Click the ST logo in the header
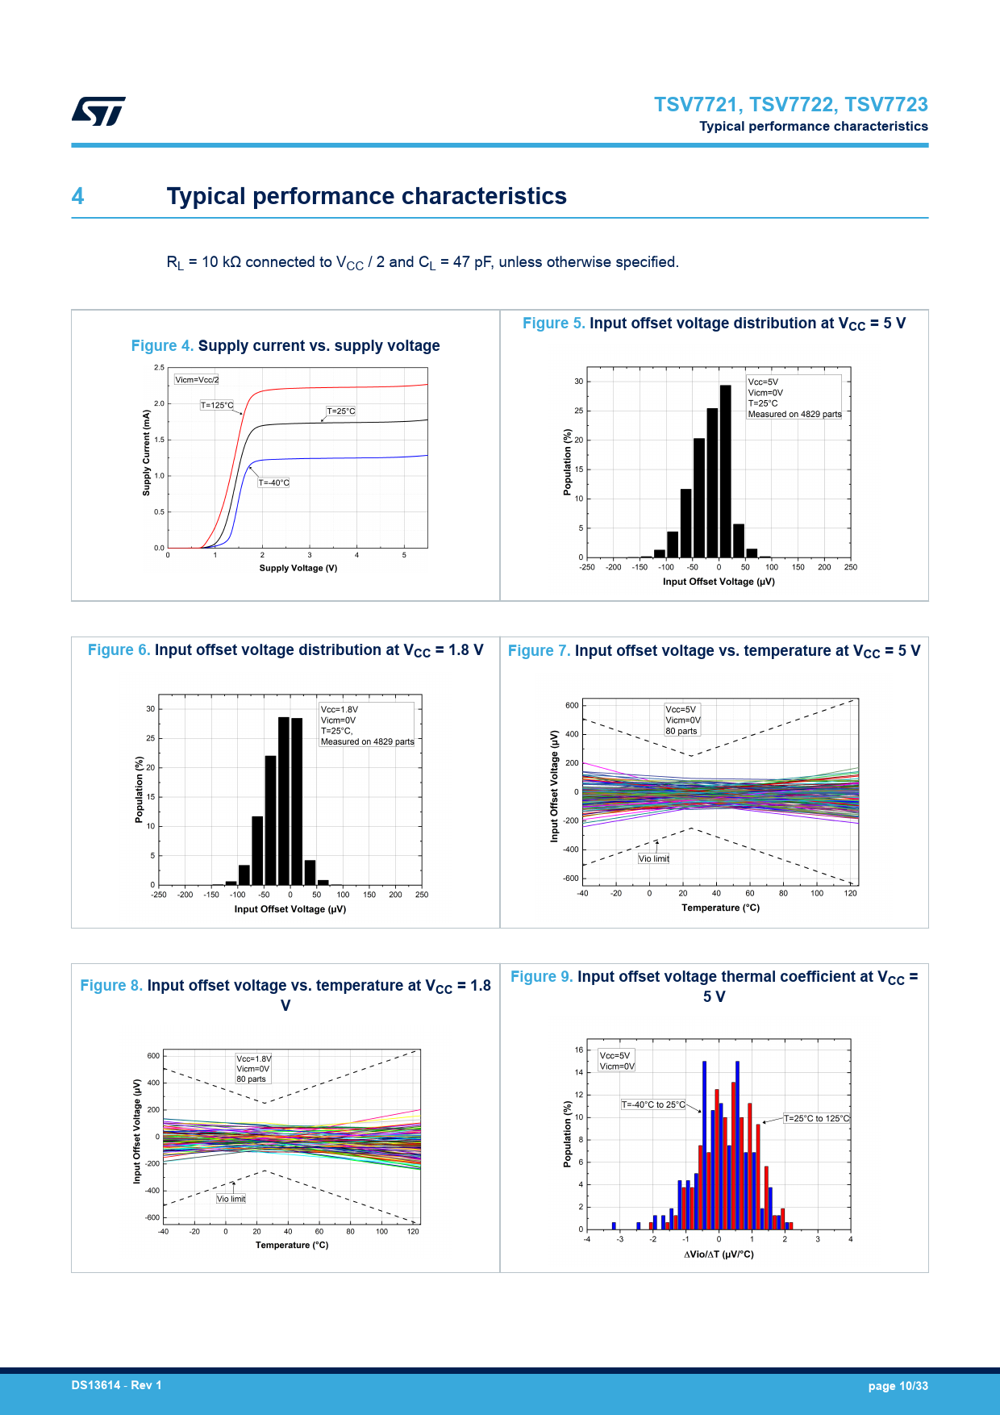[x=98, y=111]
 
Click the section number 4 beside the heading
[x=77, y=196]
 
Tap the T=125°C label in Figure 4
[x=217, y=405]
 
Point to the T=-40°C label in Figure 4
[x=273, y=482]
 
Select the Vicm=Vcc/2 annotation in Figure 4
[x=197, y=379]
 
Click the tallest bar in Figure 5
[x=726, y=468]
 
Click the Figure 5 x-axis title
[x=719, y=582]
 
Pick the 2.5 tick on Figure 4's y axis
[x=159, y=368]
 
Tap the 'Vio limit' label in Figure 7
[x=654, y=858]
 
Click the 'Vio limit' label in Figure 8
[x=231, y=1199]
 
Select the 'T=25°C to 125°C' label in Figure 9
[x=816, y=1118]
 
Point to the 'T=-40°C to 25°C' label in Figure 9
[x=653, y=1104]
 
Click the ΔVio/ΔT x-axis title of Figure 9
[x=719, y=1254]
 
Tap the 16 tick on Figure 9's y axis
[x=579, y=1050]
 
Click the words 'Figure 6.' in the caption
[x=119, y=650]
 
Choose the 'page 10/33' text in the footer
[x=898, y=1386]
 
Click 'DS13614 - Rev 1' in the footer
[x=116, y=1385]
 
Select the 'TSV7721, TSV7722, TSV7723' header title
[x=790, y=104]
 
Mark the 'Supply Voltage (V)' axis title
[x=298, y=568]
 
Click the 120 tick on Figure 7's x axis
[x=850, y=893]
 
